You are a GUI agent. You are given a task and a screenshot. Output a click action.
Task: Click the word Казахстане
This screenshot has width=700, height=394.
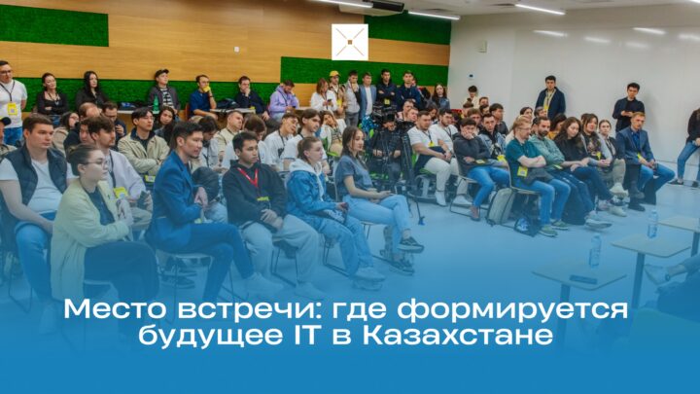click(x=458, y=336)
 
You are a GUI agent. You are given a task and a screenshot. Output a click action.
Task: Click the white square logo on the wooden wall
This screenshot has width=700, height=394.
click(x=350, y=42)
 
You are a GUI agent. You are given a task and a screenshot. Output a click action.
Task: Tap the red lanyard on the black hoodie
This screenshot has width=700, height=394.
click(x=249, y=177)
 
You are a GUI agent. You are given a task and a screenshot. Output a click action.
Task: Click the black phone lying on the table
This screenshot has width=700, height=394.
click(x=583, y=279)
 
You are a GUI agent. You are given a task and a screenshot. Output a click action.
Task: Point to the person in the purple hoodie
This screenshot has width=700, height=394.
click(x=283, y=99)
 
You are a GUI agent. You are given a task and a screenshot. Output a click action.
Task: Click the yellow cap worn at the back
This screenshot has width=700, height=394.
click(x=333, y=74)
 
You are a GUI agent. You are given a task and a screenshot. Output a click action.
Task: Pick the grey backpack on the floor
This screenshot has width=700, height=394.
click(x=500, y=206)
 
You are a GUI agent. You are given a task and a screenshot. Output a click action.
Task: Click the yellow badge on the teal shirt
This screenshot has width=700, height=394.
click(x=522, y=171)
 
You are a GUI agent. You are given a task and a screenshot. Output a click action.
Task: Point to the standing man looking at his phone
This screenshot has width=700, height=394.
click(x=629, y=107)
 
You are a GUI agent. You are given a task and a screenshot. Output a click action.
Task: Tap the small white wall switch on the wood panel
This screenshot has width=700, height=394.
click(x=236, y=50)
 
